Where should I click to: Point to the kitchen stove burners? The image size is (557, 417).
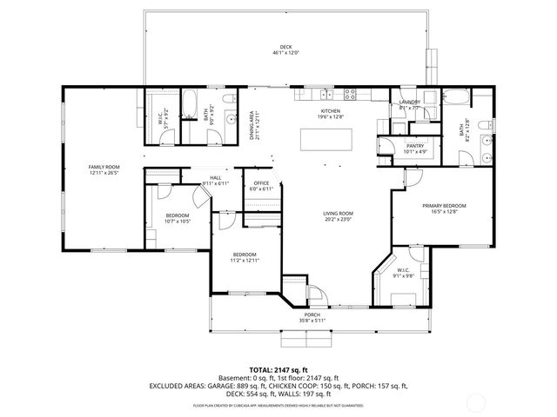point(350,93)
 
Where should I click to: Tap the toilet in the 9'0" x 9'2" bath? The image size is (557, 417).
point(227,103)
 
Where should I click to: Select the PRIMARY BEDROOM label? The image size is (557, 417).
point(444,206)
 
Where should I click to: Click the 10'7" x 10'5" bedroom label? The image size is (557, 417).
point(178,217)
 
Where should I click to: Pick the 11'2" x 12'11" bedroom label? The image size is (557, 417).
point(244,255)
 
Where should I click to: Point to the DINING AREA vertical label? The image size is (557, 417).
point(252,125)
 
